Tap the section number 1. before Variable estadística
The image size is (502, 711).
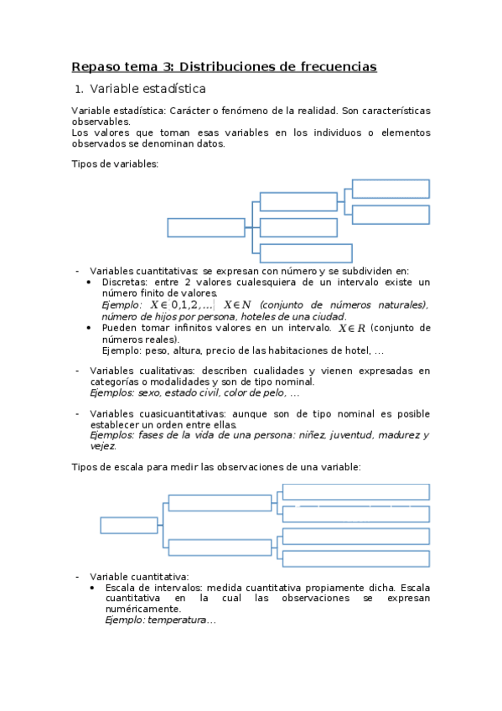[79, 89]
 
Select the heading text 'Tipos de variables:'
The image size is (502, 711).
[115, 164]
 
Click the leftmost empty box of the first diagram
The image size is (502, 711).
[205, 227]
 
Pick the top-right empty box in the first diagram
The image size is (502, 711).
[391, 189]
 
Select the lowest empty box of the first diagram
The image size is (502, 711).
[306, 253]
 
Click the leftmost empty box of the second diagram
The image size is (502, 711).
[129, 526]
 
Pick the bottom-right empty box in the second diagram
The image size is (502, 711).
[356, 558]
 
